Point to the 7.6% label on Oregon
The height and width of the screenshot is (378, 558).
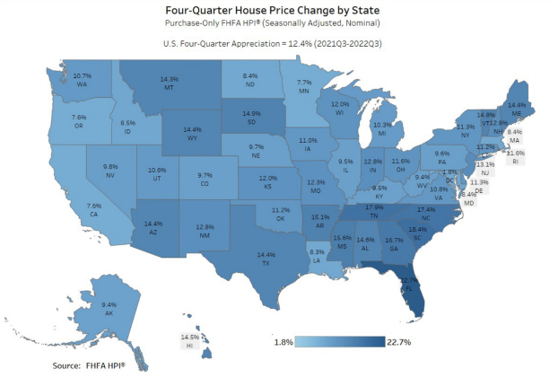79,121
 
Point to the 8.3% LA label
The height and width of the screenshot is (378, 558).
316,257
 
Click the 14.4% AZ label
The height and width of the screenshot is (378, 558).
153,226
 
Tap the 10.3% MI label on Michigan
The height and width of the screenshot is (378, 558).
381,129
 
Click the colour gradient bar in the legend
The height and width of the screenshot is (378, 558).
341,342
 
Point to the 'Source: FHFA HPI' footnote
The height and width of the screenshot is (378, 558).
88,365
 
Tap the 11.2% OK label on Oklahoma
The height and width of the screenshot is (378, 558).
280,214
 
